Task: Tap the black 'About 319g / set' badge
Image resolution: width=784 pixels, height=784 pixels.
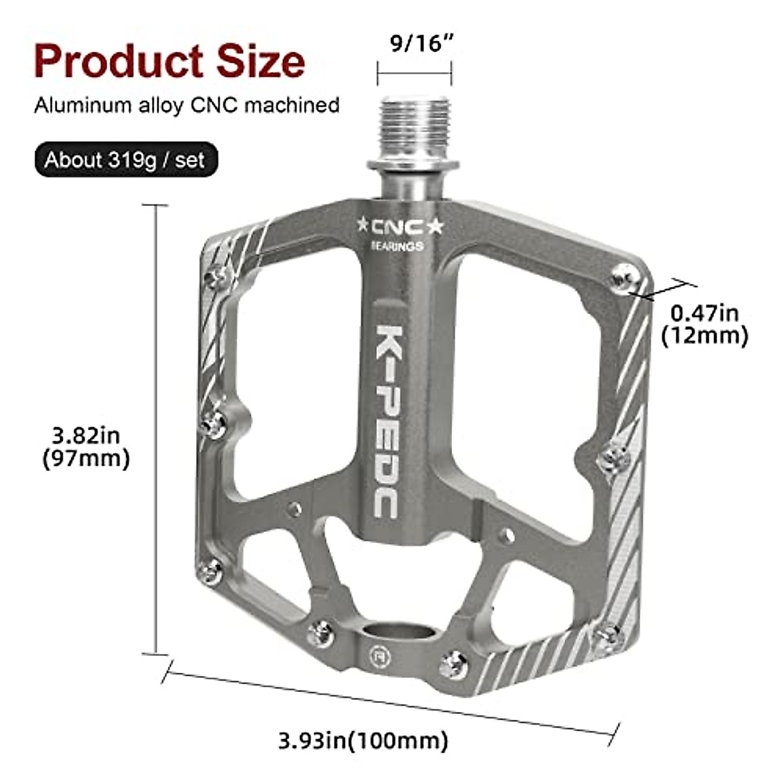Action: [125, 160]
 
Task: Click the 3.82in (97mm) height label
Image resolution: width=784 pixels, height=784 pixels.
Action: [86, 446]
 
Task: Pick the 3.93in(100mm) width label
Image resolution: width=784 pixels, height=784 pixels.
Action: [363, 740]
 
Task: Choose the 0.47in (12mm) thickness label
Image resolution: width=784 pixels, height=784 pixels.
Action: [704, 324]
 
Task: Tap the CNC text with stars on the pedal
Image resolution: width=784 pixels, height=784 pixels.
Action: [399, 226]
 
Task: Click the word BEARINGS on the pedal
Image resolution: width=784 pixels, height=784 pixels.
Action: [397, 246]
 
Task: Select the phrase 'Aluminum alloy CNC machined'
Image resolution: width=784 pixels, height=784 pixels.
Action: [187, 105]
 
